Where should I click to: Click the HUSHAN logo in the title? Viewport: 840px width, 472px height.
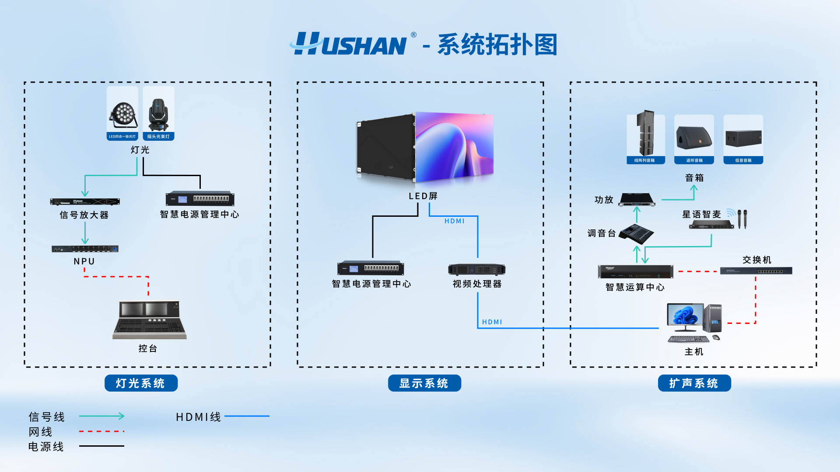pyautogui.click(x=350, y=44)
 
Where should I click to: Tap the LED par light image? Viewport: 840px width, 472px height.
pyautogui.click(x=122, y=114)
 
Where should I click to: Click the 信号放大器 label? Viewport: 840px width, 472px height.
pyautogui.click(x=84, y=215)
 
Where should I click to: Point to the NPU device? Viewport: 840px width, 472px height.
pyautogui.click(x=85, y=249)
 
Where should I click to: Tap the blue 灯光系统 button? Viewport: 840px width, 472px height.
pyautogui.click(x=141, y=383)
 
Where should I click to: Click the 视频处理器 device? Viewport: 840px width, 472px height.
pyautogui.click(x=476, y=269)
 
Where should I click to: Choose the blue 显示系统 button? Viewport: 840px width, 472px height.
pyautogui.click(x=424, y=383)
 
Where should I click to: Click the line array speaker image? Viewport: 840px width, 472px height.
pyautogui.click(x=645, y=133)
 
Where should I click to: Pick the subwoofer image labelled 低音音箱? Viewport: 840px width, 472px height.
pyautogui.click(x=743, y=138)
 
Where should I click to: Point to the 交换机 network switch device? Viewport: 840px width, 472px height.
pyautogui.click(x=756, y=271)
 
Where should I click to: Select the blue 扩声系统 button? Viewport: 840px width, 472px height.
pyautogui.click(x=694, y=383)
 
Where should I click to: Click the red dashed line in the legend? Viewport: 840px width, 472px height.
pyautogui.click(x=101, y=431)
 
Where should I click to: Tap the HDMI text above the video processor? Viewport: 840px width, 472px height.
pyautogui.click(x=455, y=221)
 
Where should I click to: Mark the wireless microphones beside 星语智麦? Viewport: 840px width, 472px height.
pyautogui.click(x=742, y=219)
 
